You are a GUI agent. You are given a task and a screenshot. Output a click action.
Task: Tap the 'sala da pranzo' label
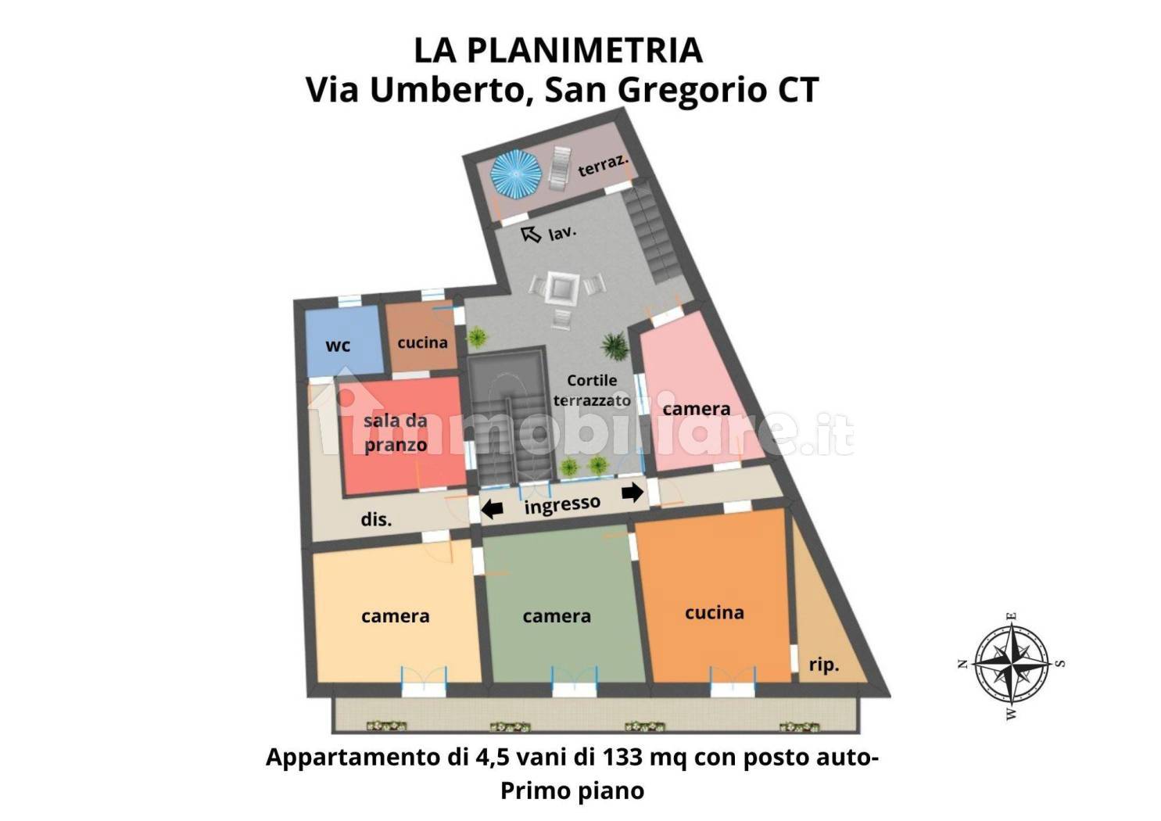coord(396,432)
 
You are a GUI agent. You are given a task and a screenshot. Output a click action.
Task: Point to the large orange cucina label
coord(714,612)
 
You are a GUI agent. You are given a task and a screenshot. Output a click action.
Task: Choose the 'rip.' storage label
coord(823,665)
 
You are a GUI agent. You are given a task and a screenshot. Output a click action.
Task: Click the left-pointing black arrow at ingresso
coord(492,510)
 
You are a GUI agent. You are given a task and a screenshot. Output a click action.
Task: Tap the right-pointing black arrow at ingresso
coord(632,492)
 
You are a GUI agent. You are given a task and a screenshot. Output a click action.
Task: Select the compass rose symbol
coord(1012,664)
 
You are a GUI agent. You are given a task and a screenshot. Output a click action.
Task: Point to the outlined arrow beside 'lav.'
coord(531,234)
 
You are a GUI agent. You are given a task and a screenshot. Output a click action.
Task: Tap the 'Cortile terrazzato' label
coord(591,390)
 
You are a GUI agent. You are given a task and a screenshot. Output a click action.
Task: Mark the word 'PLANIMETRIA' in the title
coord(585,50)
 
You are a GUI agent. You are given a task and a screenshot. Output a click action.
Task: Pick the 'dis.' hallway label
coord(376,519)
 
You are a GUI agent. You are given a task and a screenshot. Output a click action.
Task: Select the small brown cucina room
coord(422,341)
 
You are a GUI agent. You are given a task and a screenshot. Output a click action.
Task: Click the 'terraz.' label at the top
coord(603,166)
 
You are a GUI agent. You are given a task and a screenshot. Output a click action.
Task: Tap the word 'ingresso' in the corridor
coord(562,505)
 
